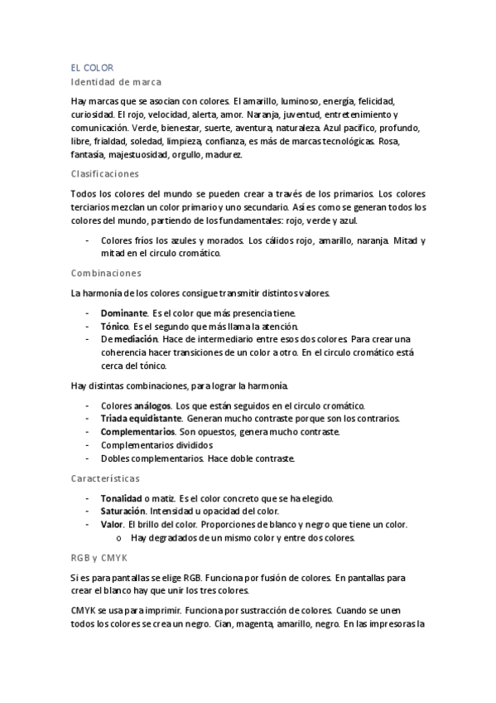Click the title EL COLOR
coord(92,67)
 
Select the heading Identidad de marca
coord(116,82)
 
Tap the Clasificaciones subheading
coord(105,174)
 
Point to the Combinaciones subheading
coord(106,273)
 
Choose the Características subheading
coord(105,479)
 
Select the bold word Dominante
coord(124,313)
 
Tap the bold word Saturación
coord(123,511)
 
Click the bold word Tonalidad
coord(121,498)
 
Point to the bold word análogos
coord(152,405)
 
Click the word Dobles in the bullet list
coord(115,458)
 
